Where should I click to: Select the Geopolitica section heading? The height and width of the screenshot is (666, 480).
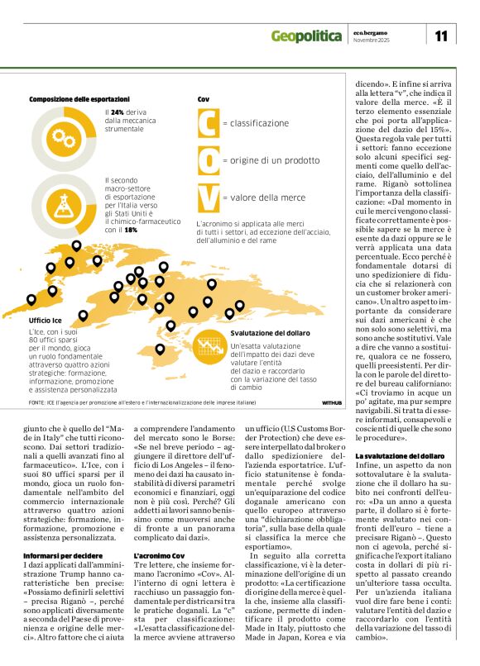pyautogui.click(x=306, y=36)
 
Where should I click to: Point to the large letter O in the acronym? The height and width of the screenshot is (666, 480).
pyautogui.click(x=209, y=159)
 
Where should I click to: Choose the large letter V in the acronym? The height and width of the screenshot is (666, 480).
pyautogui.click(x=209, y=197)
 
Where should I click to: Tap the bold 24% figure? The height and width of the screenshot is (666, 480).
pyautogui.click(x=118, y=112)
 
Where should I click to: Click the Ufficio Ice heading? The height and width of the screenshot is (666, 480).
pyautogui.click(x=45, y=320)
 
